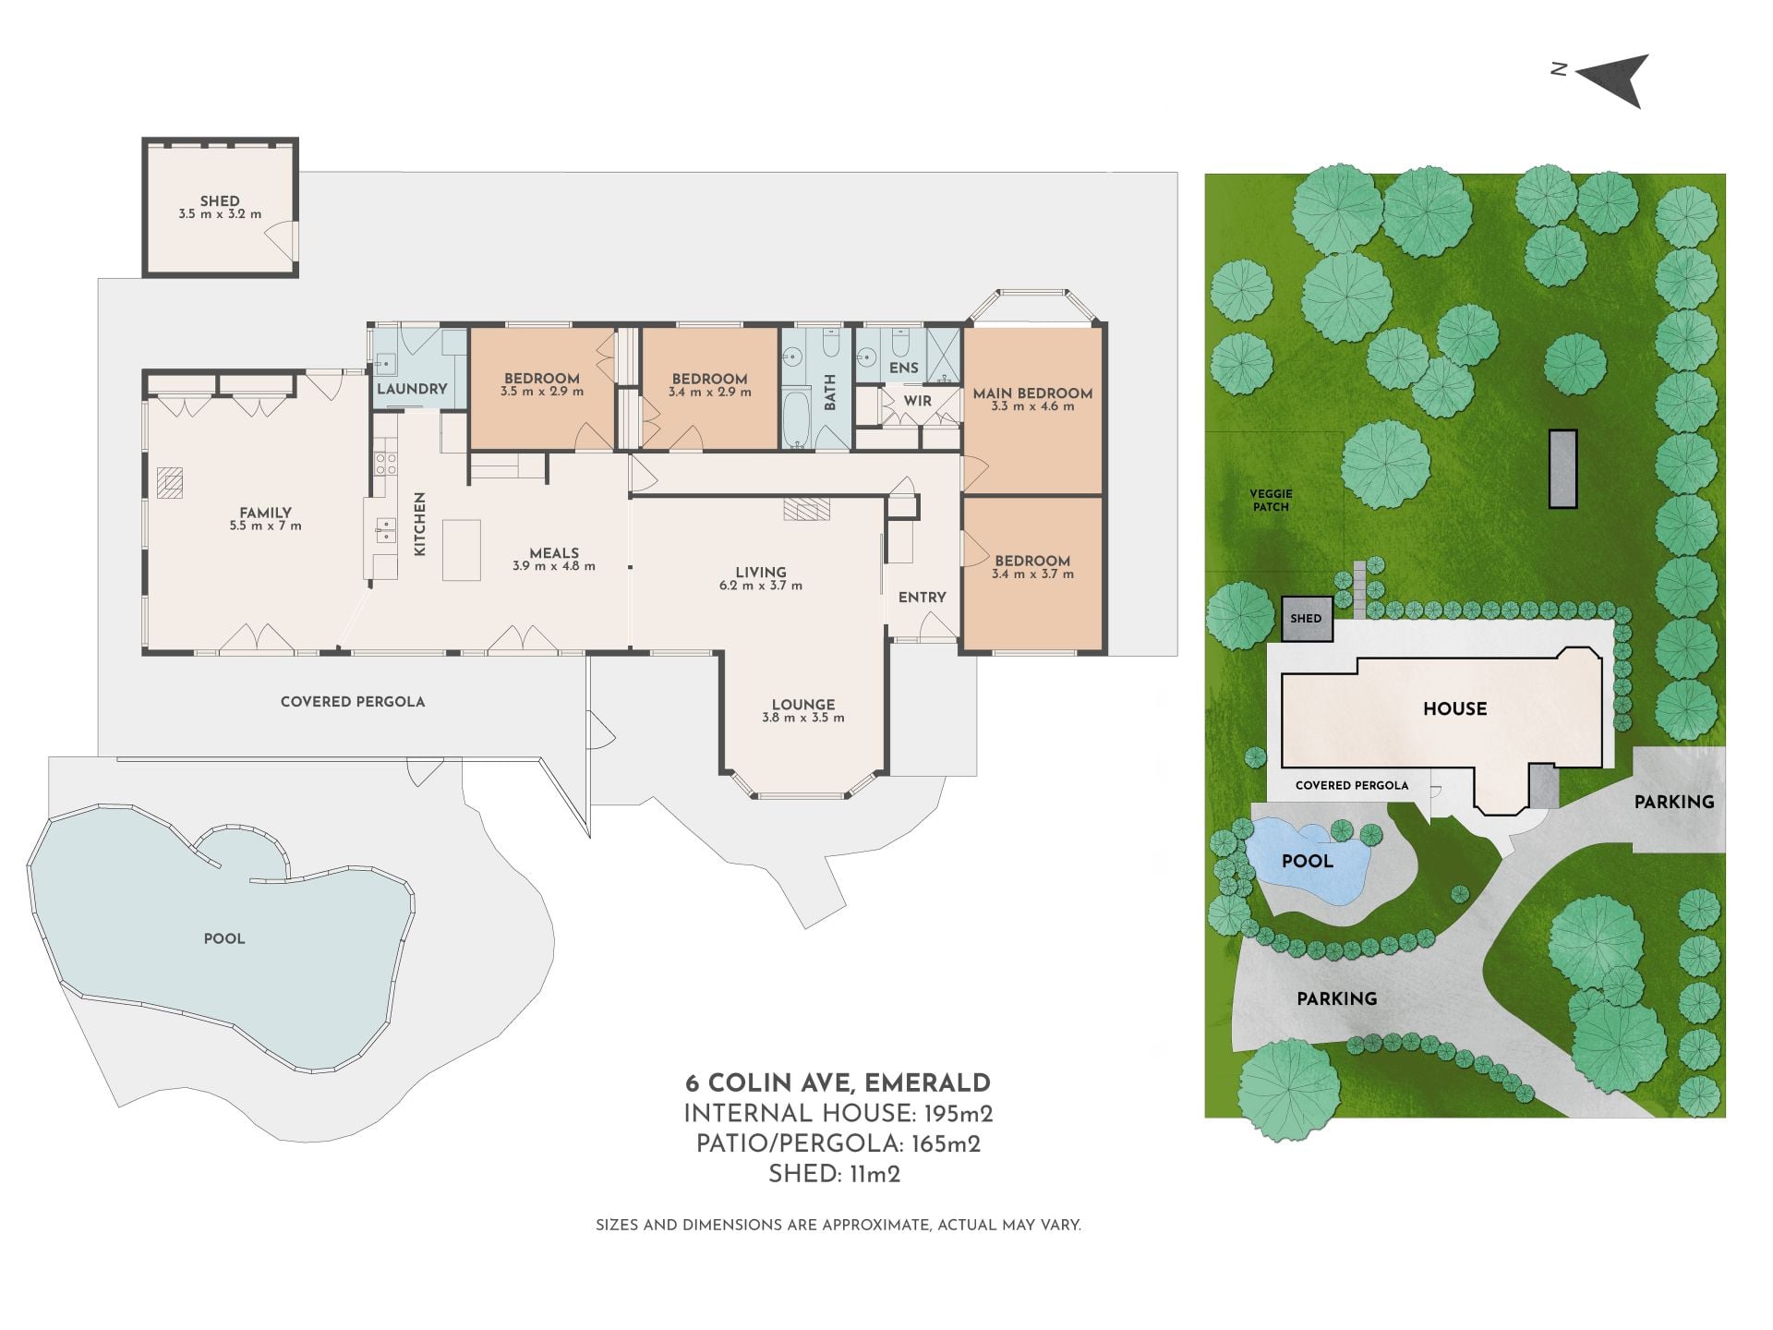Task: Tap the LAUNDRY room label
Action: point(412,389)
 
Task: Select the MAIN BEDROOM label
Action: point(1032,393)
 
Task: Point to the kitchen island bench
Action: point(462,550)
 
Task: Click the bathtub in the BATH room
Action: point(796,419)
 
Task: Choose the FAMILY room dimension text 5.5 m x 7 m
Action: point(266,526)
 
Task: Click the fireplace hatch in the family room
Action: point(170,482)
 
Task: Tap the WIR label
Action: point(918,401)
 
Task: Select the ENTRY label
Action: point(923,598)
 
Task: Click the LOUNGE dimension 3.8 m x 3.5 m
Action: point(803,718)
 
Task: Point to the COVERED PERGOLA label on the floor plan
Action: point(353,702)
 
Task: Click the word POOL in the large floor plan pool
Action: point(224,938)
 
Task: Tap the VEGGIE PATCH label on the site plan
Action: point(1271,501)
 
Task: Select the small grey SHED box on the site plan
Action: point(1307,619)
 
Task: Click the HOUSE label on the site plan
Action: point(1455,708)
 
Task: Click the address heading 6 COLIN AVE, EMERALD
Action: point(838,1083)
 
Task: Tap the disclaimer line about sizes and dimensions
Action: point(838,1225)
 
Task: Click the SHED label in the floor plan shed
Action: point(220,200)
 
